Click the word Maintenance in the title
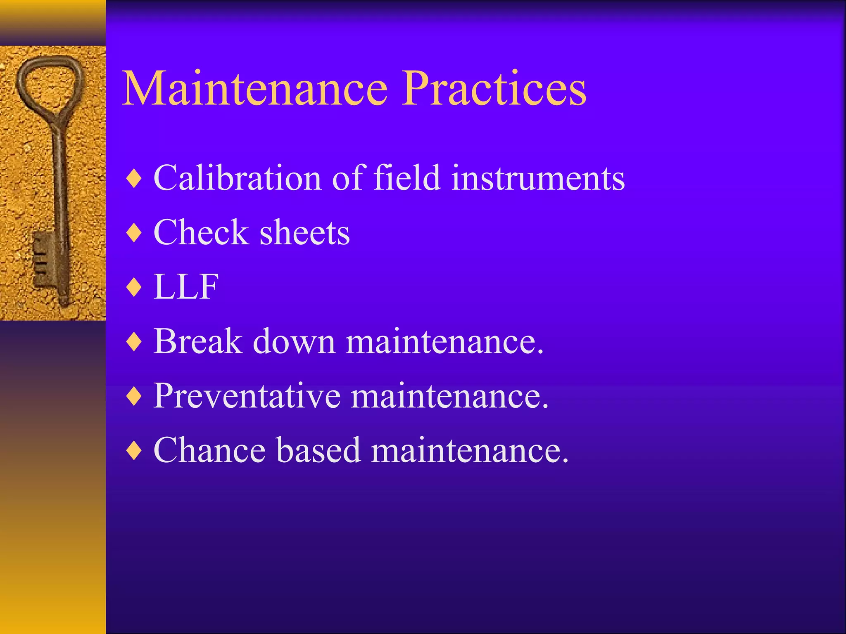pyautogui.click(x=255, y=88)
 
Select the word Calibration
pyautogui.click(x=238, y=178)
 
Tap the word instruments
pyautogui.click(x=538, y=178)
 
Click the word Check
pyautogui.click(x=201, y=232)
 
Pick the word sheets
pyautogui.click(x=305, y=233)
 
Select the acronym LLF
pyautogui.click(x=186, y=286)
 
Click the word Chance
pyautogui.click(x=209, y=450)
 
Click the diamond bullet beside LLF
pyautogui.click(x=135, y=287)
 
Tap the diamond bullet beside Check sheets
pyautogui.click(x=135, y=233)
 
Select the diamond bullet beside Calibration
pyautogui.click(x=135, y=179)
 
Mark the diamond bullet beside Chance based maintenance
pyautogui.click(x=135, y=451)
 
